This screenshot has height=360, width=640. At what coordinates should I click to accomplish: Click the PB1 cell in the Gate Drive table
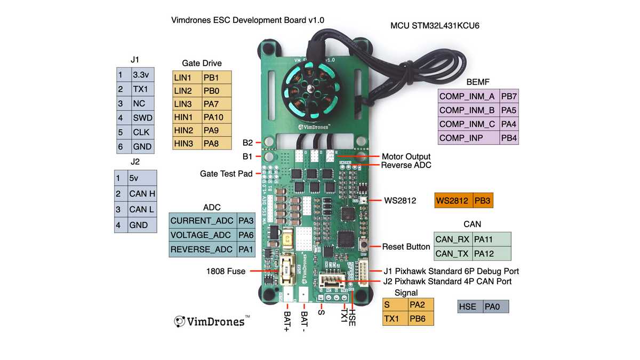tap(217, 77)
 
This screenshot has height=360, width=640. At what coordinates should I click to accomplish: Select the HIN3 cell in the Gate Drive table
tap(187, 143)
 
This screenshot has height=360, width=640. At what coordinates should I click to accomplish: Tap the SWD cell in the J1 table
tap(142, 118)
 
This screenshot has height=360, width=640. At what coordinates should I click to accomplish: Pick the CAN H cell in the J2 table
tap(142, 194)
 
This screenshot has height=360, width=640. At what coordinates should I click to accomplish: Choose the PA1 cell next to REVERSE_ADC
tap(246, 249)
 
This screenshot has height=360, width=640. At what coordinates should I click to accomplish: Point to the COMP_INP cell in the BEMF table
tap(468, 138)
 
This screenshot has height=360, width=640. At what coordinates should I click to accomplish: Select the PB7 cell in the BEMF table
tap(509, 97)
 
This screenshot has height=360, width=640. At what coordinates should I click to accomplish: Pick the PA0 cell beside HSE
tap(495, 307)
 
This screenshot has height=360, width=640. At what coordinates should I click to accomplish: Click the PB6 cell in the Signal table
tap(421, 319)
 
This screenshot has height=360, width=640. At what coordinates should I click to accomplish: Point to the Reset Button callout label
tap(406, 246)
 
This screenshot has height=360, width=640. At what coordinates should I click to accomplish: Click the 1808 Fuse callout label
tap(226, 271)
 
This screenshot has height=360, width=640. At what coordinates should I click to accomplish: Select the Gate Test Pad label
tap(226, 174)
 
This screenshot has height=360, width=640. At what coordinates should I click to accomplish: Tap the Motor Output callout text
tap(406, 157)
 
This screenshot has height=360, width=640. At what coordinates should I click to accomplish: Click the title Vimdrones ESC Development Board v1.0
tap(248, 20)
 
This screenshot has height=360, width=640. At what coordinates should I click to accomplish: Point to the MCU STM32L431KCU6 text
tap(435, 25)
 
